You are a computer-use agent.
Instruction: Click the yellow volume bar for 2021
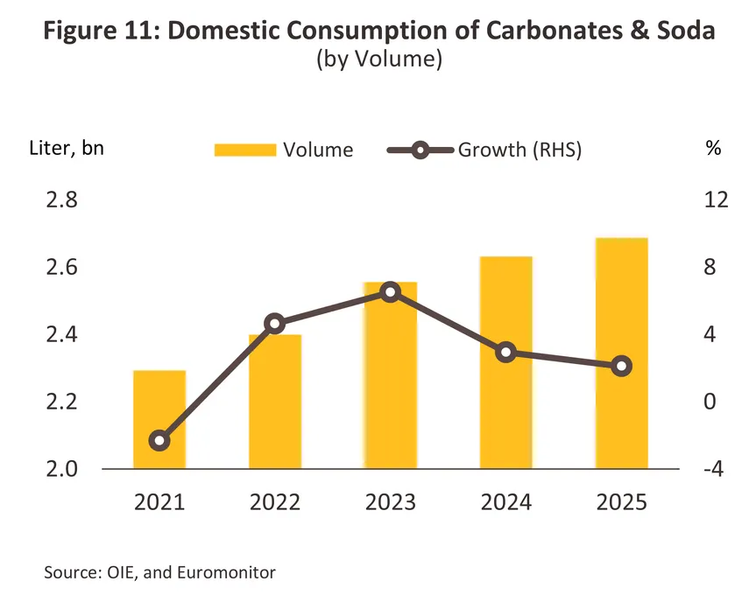[159, 419]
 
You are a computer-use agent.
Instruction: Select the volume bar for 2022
[275, 402]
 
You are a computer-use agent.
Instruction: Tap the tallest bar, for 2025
[621, 353]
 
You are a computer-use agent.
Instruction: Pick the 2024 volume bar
[505, 362]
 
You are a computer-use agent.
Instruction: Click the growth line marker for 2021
[159, 440]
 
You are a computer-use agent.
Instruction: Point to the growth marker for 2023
[391, 292]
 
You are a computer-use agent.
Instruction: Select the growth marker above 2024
[505, 353]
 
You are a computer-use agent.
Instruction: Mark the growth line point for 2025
[621, 366]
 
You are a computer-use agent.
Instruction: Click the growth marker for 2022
[275, 324]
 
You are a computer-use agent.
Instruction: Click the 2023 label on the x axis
[391, 502]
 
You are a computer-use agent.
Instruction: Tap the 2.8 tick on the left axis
[61, 199]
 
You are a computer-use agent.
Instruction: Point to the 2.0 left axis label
[61, 469]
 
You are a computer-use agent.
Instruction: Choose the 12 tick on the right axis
[716, 199]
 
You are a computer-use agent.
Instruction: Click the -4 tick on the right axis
[714, 469]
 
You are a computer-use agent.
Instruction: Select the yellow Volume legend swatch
[245, 150]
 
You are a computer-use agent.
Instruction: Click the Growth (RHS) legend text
[519, 150]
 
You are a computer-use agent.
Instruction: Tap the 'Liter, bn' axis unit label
[67, 149]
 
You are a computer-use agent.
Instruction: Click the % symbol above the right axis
[713, 148]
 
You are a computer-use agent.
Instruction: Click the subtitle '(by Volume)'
[379, 59]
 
